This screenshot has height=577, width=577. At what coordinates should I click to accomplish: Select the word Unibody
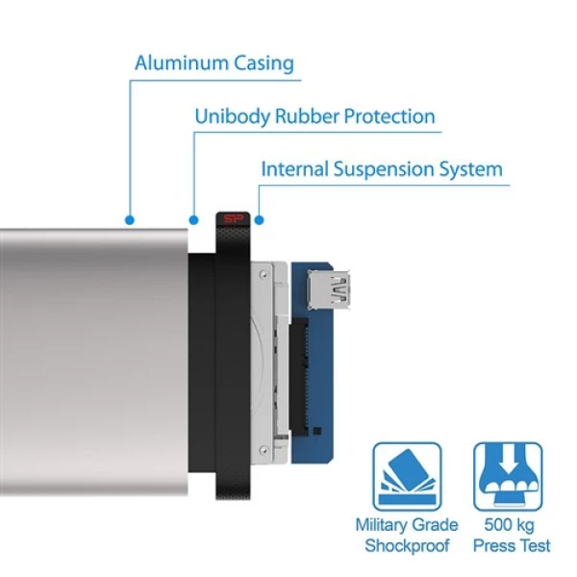click(233, 117)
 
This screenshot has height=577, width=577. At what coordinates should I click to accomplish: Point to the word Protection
click(389, 116)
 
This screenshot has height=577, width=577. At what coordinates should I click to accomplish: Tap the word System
click(471, 170)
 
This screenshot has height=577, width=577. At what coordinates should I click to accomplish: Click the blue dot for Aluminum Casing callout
click(130, 220)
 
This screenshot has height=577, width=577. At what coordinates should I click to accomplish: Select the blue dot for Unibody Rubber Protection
click(193, 220)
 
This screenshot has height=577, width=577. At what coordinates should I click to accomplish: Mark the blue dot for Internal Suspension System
click(259, 220)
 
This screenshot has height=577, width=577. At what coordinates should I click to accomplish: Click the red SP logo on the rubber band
click(234, 219)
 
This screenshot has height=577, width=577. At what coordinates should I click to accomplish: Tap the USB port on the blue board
click(329, 289)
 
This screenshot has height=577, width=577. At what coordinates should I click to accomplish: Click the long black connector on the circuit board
click(298, 376)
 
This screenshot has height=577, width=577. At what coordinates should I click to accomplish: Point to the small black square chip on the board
click(317, 431)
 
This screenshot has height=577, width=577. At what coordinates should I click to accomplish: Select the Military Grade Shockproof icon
click(407, 476)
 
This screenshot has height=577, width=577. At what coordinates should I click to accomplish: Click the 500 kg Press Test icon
click(508, 476)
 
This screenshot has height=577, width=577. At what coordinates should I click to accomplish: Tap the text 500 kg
click(509, 525)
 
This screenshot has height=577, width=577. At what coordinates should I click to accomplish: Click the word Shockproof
click(407, 545)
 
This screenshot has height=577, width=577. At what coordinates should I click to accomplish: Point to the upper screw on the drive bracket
click(263, 274)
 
